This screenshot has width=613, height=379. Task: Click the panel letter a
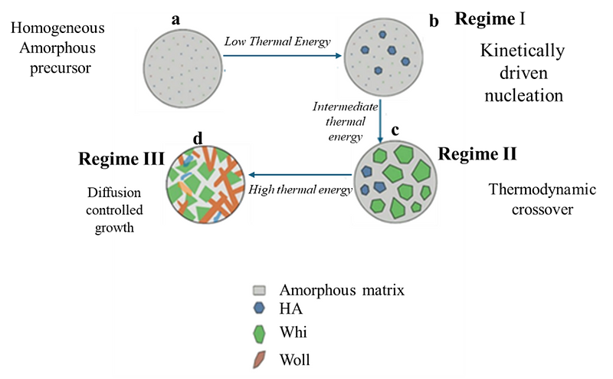[175, 19]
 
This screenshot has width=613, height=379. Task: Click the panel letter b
[434, 21]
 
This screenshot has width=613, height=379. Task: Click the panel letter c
[395, 130]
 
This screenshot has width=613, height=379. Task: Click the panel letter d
[198, 139]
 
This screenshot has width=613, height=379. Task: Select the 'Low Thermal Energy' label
[277, 41]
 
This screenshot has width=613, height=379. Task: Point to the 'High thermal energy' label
[300, 189]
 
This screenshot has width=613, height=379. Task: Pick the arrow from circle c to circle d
[299, 176]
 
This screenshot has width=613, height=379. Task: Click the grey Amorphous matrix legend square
[260, 291]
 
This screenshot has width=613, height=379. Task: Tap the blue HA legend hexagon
[260, 309]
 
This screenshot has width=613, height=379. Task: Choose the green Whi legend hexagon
[260, 333]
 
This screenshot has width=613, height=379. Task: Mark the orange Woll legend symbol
[260, 358]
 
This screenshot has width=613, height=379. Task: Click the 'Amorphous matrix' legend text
[341, 290]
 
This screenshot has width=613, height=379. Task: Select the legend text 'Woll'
[295, 358]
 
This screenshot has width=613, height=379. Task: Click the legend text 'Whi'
[293, 334]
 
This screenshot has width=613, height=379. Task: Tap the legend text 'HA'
[291, 309]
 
